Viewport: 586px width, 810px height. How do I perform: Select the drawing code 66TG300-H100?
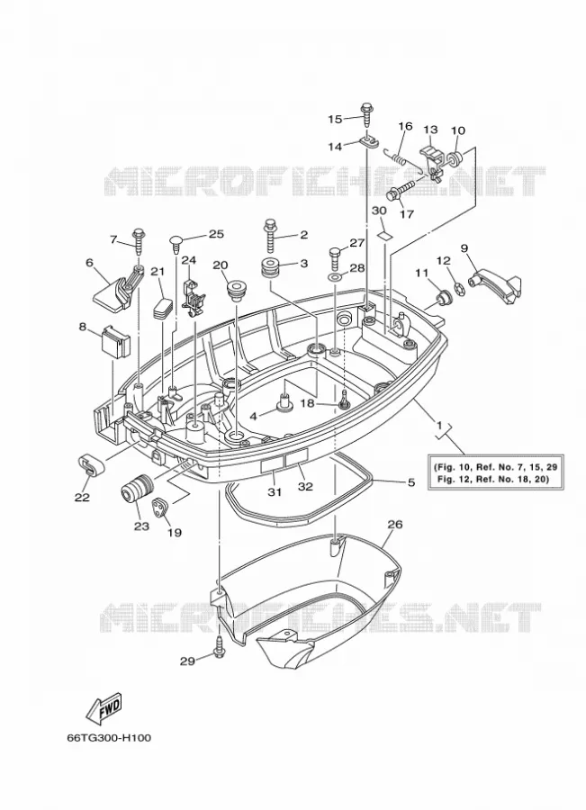[x=109, y=738]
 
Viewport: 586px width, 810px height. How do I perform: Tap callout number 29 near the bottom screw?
[x=187, y=661]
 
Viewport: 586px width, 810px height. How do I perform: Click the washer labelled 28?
[x=334, y=279]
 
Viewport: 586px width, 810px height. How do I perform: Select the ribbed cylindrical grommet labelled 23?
[x=136, y=490]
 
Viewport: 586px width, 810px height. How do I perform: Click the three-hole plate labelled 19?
[x=161, y=508]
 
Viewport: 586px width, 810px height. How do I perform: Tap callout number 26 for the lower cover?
[x=395, y=525]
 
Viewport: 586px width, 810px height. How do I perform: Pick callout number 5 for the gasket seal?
[x=411, y=483]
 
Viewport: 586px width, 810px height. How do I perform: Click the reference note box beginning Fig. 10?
[x=495, y=472]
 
